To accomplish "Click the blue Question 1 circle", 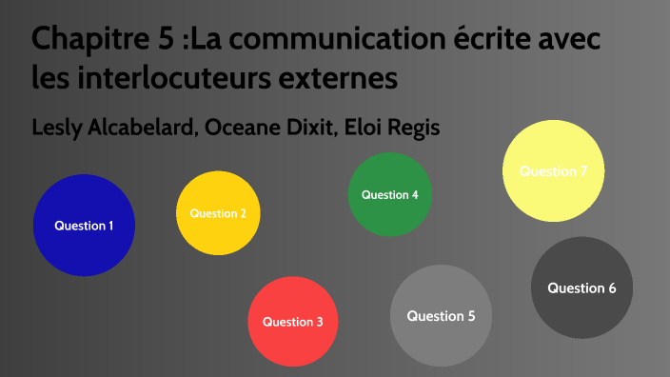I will [x=84, y=226].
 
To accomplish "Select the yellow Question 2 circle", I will [x=218, y=213].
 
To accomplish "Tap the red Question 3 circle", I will [x=293, y=321].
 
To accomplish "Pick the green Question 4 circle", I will [x=390, y=194].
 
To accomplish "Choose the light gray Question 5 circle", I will [x=441, y=315].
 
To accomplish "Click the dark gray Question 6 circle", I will [x=581, y=288].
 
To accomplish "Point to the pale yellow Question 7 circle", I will [x=553, y=171].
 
